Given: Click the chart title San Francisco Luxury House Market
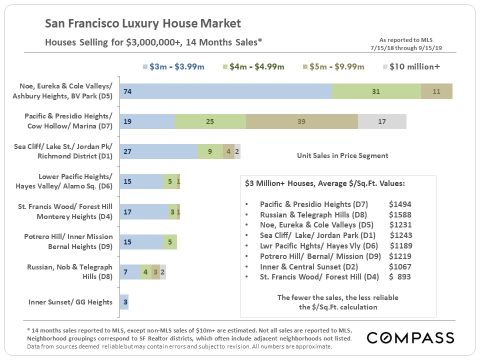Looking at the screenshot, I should [143, 23].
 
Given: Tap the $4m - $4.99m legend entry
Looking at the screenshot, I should [254, 66].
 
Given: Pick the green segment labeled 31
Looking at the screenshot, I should [376, 91].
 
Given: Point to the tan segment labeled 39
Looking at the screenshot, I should [302, 121].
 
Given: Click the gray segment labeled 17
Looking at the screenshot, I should [382, 121].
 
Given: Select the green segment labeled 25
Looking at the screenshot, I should [210, 121].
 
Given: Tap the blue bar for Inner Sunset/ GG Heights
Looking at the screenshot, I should [124, 302].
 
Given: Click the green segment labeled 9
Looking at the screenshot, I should [210, 151].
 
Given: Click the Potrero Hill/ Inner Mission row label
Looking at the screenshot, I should [68, 241].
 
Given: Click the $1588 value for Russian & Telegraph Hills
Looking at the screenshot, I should [399, 214].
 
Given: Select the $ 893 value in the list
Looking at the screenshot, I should [399, 276].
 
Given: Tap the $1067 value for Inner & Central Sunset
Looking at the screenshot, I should [399, 266].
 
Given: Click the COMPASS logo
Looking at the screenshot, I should [410, 338].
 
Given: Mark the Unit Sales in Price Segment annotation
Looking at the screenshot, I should [339, 155].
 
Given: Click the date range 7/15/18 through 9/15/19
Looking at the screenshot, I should [406, 47].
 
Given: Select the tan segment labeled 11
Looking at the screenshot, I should [436, 91].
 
